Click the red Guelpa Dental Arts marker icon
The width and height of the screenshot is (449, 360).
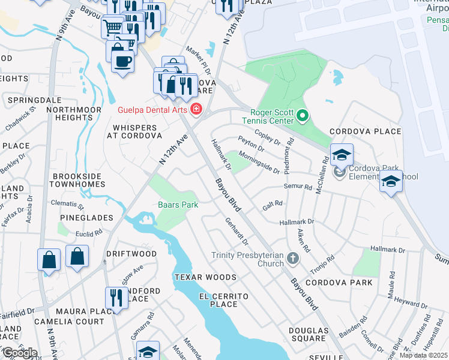[196, 109]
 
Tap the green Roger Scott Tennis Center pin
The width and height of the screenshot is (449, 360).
[302, 114]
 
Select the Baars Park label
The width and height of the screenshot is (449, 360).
[178, 205]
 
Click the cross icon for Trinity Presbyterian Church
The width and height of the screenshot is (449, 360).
[292, 259]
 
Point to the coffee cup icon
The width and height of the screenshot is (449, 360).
[122, 61]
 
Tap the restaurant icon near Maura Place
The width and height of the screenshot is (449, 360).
[115, 298]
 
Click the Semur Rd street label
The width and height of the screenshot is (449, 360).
[299, 187]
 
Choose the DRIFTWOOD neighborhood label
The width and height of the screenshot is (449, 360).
[131, 254]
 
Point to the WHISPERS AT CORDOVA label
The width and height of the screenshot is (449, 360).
[135, 131]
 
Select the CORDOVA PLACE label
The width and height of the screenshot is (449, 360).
[365, 131]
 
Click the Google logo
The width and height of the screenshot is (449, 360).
[19, 352]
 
